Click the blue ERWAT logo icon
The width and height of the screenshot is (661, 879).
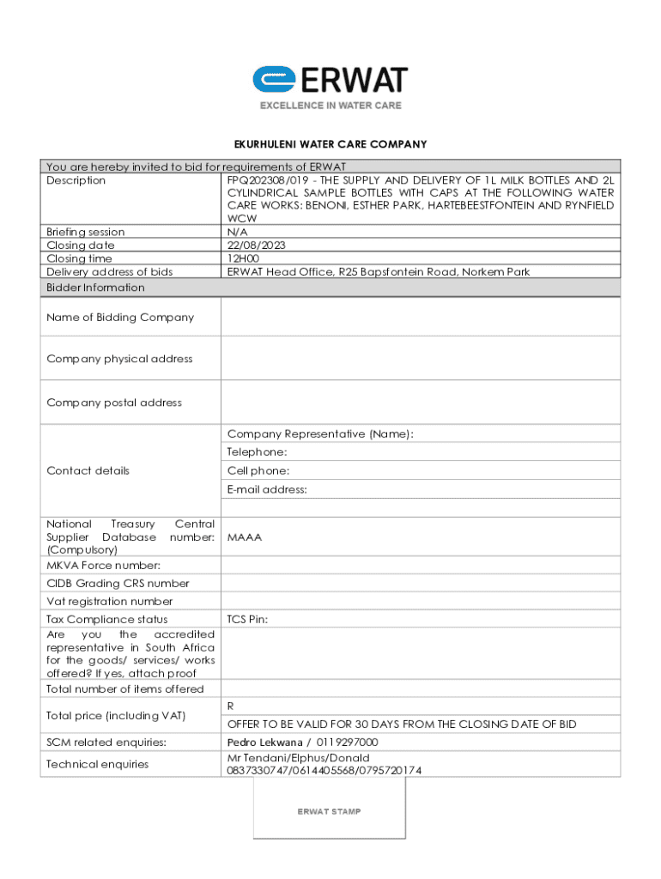pyautogui.click(x=274, y=80)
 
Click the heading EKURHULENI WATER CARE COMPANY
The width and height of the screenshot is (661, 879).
pyautogui.click(x=330, y=144)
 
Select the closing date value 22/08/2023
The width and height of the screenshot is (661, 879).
pyautogui.click(x=257, y=245)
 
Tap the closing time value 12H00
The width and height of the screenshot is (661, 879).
pyautogui.click(x=242, y=258)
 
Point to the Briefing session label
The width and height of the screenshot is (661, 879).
pyautogui.click(x=85, y=232)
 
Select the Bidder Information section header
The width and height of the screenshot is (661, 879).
pyautogui.click(x=95, y=288)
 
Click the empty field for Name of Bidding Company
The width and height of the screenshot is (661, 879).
pyautogui.click(x=421, y=318)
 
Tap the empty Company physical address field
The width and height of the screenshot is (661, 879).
pyautogui.click(x=421, y=359)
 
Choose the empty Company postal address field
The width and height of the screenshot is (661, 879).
pyautogui.click(x=421, y=403)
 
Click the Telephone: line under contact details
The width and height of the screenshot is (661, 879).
pyautogui.click(x=258, y=452)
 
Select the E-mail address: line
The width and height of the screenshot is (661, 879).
pyautogui.click(x=267, y=490)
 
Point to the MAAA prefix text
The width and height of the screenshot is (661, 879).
pyautogui.click(x=245, y=537)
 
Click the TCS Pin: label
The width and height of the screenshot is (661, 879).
pyautogui.click(x=247, y=619)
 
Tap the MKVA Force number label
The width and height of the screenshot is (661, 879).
pyautogui.click(x=103, y=565)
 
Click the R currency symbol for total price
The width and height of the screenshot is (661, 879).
pyautogui.click(x=231, y=706)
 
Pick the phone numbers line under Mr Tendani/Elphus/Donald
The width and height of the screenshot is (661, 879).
pyautogui.click(x=324, y=771)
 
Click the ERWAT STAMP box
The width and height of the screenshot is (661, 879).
pyautogui.click(x=329, y=811)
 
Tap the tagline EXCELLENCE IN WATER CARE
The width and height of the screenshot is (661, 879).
pyautogui.click(x=330, y=106)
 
